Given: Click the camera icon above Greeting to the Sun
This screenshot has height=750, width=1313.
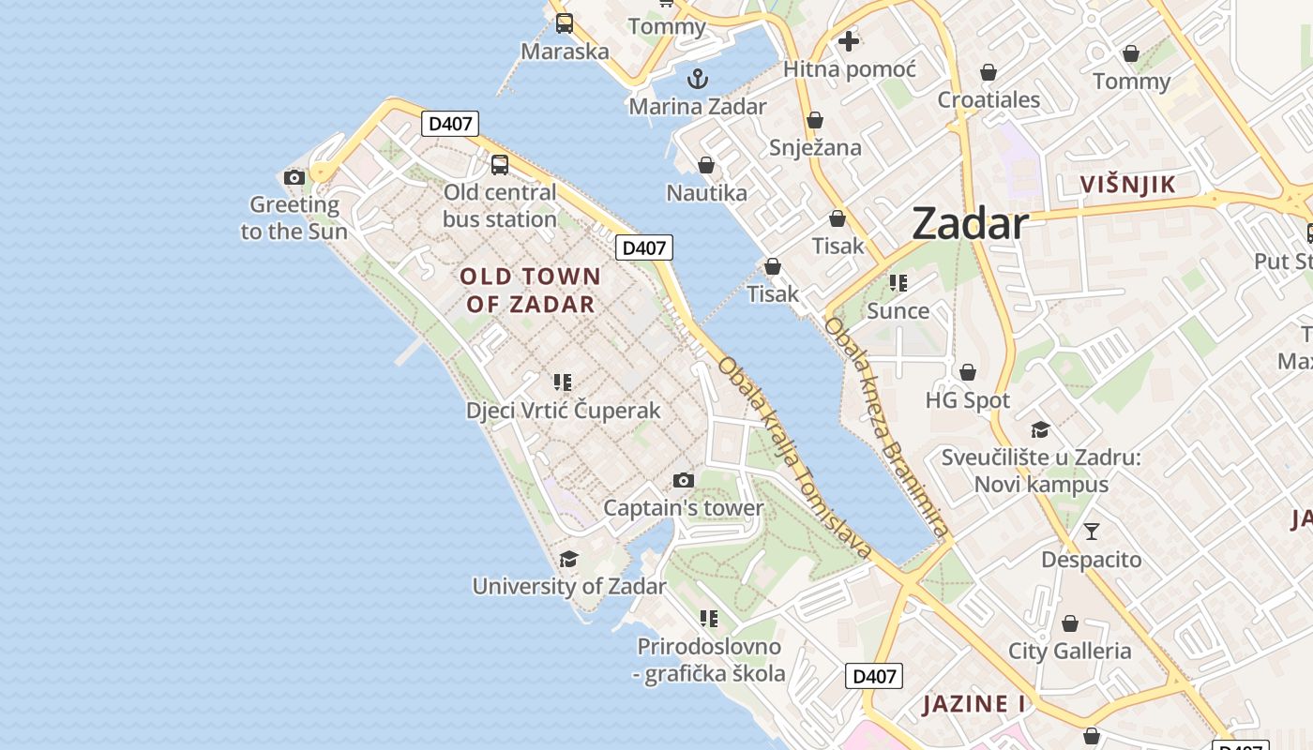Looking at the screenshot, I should click(x=294, y=177).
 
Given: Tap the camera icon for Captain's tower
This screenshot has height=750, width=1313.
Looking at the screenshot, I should click(x=684, y=481).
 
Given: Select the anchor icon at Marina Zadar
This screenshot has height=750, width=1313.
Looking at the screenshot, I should click(x=697, y=78).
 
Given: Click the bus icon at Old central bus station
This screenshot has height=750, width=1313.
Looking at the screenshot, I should click(x=500, y=165).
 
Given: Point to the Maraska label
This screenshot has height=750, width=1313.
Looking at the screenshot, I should click(x=565, y=52).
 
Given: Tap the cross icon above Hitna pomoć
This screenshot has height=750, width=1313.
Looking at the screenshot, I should click(x=849, y=41).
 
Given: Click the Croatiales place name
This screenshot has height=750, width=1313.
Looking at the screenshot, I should click(x=989, y=99).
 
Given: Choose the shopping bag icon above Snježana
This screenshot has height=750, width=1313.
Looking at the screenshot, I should click(x=815, y=120).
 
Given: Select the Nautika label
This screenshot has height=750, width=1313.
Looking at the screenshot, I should click(x=706, y=193).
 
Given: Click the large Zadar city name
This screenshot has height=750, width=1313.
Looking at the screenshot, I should click(x=970, y=224).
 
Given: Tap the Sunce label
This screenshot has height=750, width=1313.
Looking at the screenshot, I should click(x=898, y=310).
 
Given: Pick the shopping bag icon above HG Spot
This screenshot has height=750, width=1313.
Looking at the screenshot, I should click(x=968, y=372).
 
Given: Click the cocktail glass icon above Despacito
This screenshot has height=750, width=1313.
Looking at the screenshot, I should click(x=1091, y=532).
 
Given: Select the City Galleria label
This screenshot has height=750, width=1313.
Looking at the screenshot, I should click(x=1069, y=651).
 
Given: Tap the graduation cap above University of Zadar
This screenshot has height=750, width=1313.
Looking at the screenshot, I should click(x=568, y=560).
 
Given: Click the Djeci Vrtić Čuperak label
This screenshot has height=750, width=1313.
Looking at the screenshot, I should click(x=563, y=411).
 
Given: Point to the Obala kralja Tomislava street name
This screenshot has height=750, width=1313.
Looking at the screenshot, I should click(x=794, y=457).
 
